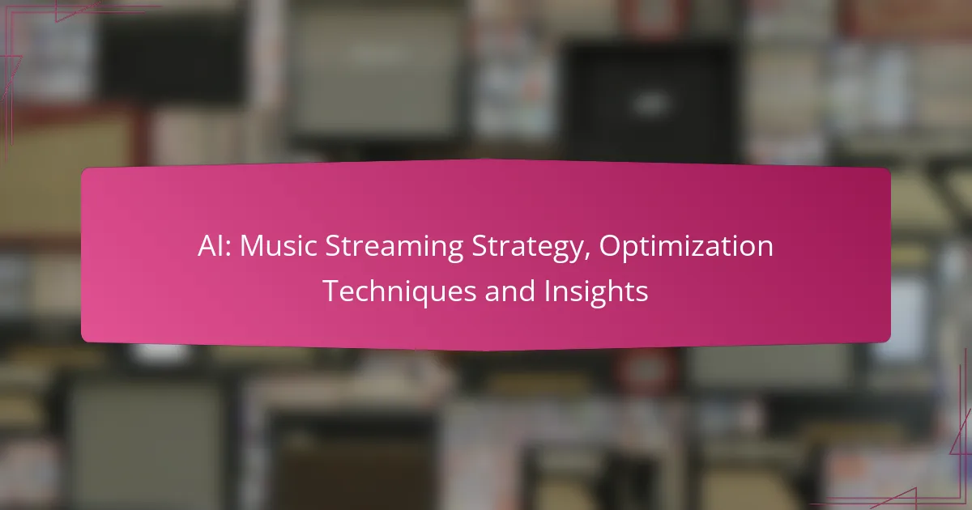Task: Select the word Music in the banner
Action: point(278,246)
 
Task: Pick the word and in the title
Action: point(509,291)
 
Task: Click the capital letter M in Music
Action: point(251,246)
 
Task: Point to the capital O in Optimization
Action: point(610,246)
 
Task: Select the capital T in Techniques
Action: point(331,291)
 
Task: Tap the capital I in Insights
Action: point(548,291)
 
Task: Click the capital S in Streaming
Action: point(332,246)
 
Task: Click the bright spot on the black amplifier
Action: point(650,104)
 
